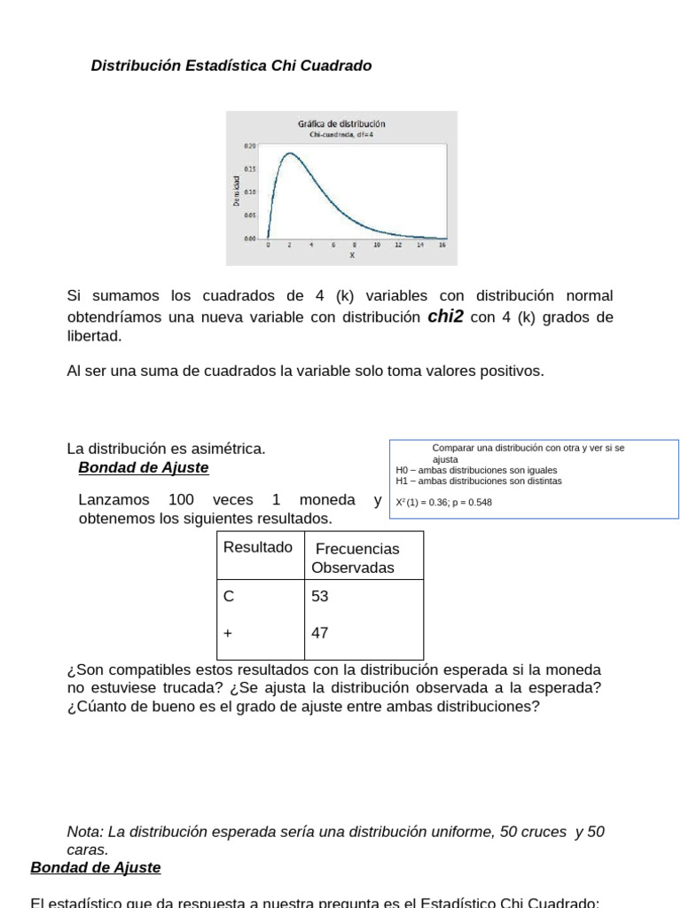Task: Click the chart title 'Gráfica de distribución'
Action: [x=341, y=124]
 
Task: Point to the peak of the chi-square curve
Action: [x=289, y=153]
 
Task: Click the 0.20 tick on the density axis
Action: [x=249, y=145]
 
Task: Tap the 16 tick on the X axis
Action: [x=441, y=245]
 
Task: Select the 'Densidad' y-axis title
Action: [x=237, y=192]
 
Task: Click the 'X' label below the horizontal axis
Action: [x=352, y=255]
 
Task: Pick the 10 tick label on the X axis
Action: [x=376, y=245]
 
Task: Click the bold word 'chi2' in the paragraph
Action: [x=445, y=317]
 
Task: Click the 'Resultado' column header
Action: [x=257, y=548]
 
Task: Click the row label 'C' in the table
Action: [x=229, y=597]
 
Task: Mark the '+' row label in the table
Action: [x=228, y=633]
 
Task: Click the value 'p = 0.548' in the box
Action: [x=469, y=503]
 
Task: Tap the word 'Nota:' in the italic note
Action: [x=85, y=832]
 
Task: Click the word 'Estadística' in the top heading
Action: [x=220, y=66]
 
